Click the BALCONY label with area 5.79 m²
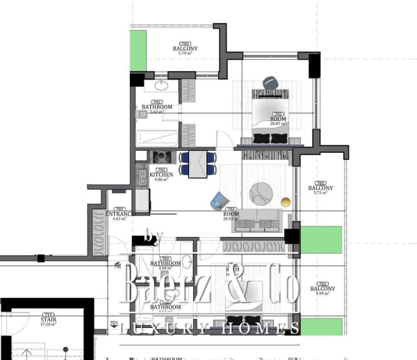tap(186, 49)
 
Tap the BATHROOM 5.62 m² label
tap(156, 108)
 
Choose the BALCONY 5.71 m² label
tap(320, 188)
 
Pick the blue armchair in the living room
tap(219, 201)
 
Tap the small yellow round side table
tap(285, 202)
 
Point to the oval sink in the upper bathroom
tap(162, 87)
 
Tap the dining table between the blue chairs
tap(199, 163)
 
